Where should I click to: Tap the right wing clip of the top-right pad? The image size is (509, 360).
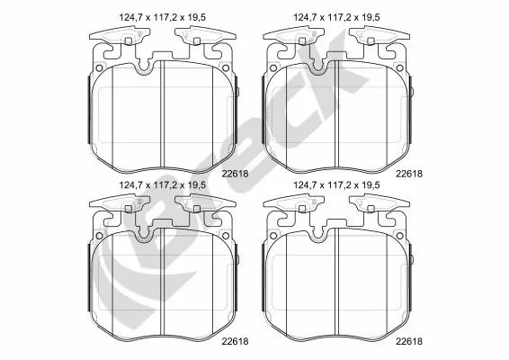tap(376, 38)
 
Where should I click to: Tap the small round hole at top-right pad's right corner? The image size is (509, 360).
tap(406, 65)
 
